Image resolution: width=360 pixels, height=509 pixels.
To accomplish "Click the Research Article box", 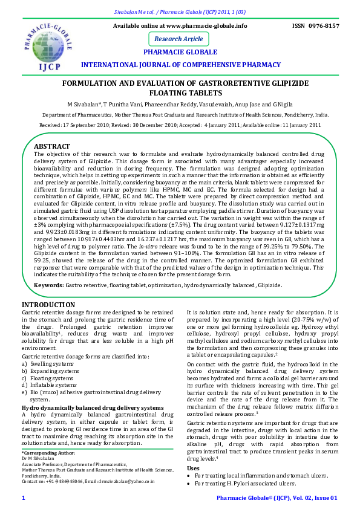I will pyautogui.click(x=178, y=39).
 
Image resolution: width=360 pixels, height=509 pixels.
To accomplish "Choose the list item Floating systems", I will pyautogui.click(x=50, y=378).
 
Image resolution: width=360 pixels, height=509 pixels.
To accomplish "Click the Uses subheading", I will pyautogui.click(x=193, y=468).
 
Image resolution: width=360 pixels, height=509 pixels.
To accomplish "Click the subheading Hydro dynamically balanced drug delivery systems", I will pyautogui.click(x=93, y=408).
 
